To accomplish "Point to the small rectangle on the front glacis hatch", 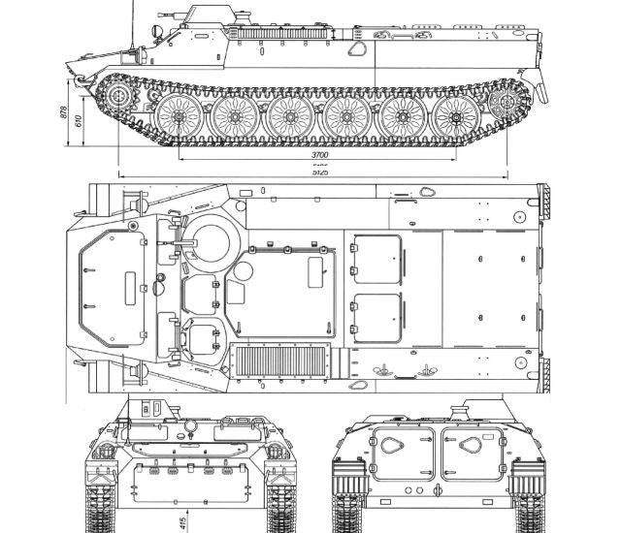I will (128, 287).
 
